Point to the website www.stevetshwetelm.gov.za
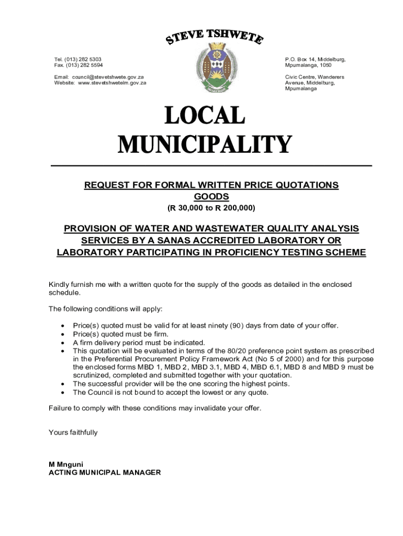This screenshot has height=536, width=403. pos(112,83)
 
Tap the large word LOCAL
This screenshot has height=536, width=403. pos(205,116)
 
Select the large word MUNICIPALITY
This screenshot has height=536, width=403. pos(205,144)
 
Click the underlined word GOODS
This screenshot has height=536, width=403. pos(211,197)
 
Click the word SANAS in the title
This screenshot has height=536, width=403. pos(170,241)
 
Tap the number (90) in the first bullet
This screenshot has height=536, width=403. pos(237,326)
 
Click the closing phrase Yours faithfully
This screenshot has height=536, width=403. pos(73,433)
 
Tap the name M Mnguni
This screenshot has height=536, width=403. pos(66,464)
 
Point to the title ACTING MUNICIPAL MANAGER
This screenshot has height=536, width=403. pos(105,473)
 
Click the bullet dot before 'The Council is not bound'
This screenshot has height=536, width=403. pos(63,393)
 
